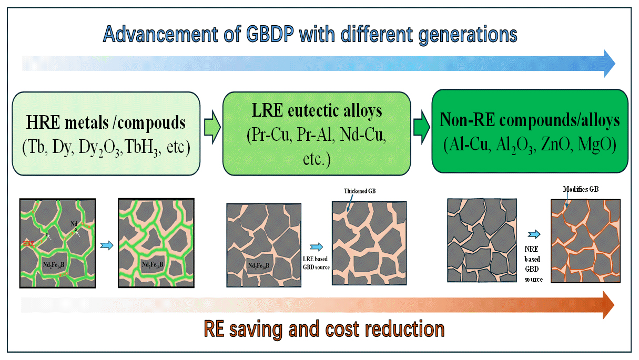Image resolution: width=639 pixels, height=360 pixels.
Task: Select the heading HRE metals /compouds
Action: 106,123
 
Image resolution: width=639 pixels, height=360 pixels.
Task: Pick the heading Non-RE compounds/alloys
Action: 530,120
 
